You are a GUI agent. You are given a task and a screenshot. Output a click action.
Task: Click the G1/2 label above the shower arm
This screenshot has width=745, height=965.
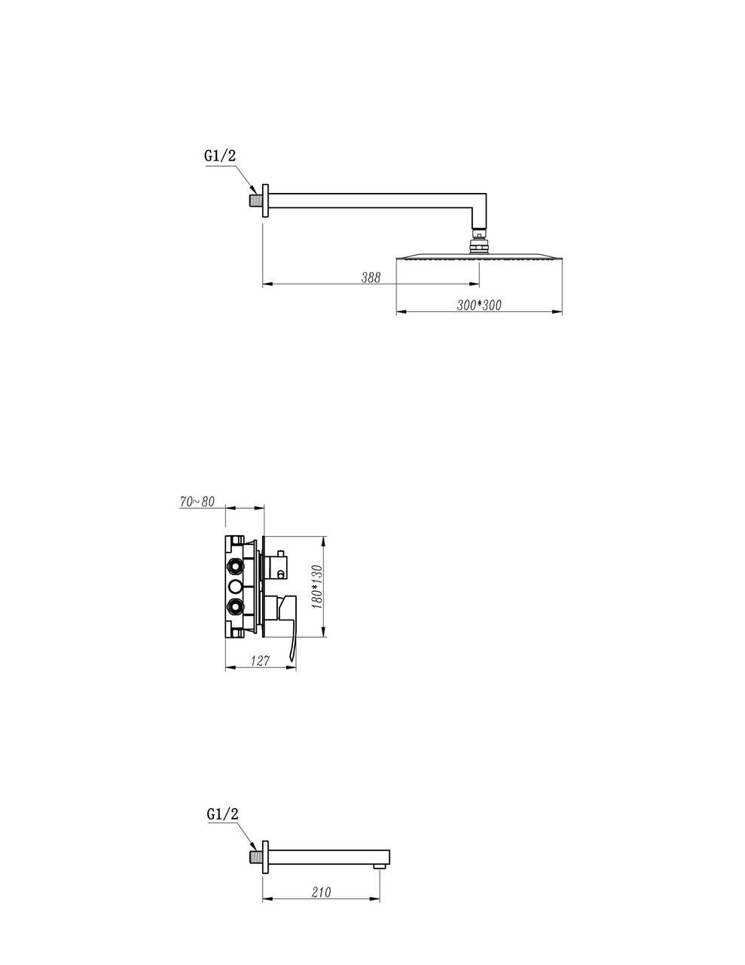(x=220, y=155)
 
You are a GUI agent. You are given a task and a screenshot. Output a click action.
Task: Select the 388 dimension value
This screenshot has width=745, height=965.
(x=371, y=277)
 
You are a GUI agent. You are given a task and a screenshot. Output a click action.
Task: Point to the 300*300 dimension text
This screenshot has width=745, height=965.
(x=479, y=305)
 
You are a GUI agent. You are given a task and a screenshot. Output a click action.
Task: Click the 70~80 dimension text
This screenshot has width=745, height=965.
(x=197, y=501)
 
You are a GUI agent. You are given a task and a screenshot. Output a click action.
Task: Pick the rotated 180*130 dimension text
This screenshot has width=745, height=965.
(x=318, y=587)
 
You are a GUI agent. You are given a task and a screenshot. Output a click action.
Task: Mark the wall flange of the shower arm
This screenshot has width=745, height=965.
(x=265, y=201)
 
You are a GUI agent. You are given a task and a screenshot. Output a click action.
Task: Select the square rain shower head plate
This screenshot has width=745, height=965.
(x=479, y=258)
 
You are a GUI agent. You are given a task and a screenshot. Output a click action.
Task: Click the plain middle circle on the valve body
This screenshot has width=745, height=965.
(x=235, y=587)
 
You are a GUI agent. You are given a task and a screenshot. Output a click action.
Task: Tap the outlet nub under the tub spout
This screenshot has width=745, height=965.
(x=380, y=866)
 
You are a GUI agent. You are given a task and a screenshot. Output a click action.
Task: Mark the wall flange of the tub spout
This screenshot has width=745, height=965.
(x=265, y=856)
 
